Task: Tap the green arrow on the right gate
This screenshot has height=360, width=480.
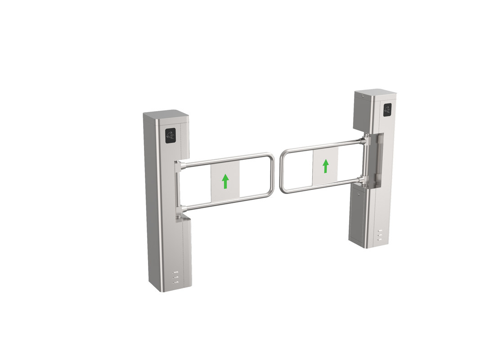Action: coord(326,166)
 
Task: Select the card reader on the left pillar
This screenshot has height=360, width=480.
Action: coord(170,135)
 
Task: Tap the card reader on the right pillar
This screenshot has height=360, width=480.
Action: coord(387,110)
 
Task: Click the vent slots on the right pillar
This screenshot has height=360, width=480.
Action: coord(380,235)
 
